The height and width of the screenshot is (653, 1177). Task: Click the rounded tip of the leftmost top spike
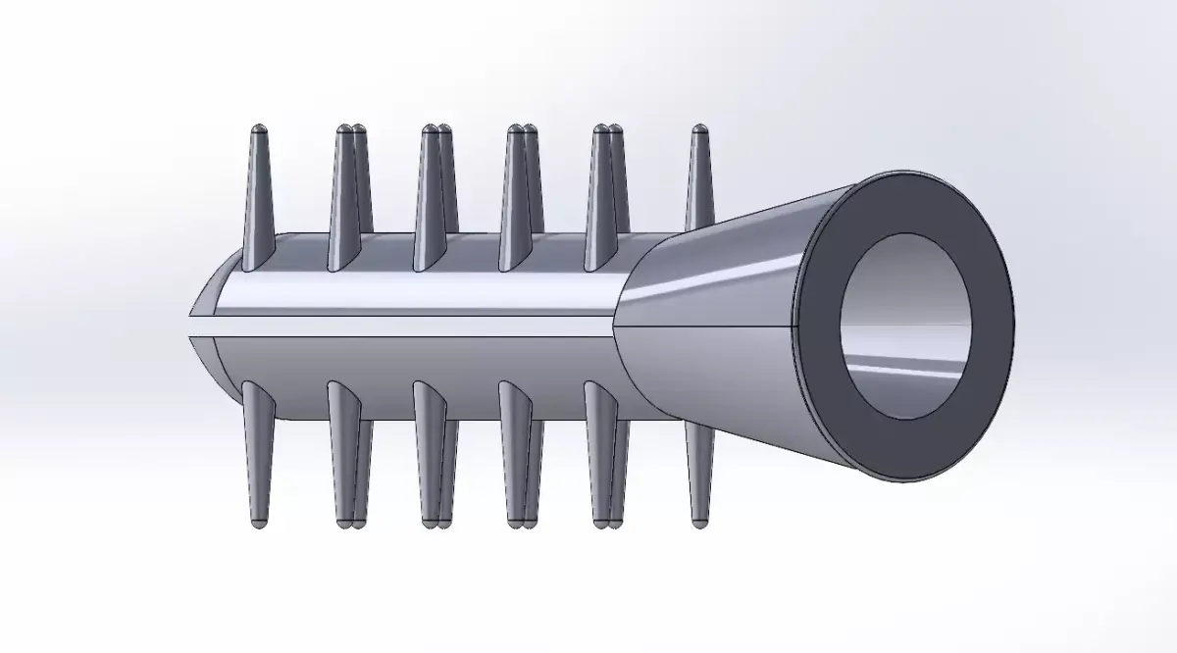pyautogui.click(x=259, y=129)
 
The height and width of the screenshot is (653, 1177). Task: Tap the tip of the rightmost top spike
pyautogui.click(x=699, y=129)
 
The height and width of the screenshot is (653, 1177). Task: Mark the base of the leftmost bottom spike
pyautogui.click(x=252, y=392)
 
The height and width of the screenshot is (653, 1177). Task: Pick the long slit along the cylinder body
pyautogui.click(x=412, y=326)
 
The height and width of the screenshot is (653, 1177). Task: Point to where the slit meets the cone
pyautogui.click(x=614, y=326)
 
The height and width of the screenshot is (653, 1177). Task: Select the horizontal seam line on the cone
pyautogui.click(x=706, y=324)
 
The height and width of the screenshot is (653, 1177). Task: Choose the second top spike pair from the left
pyautogui.click(x=349, y=196)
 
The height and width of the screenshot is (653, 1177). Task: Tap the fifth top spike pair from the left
pyautogui.click(x=607, y=196)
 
